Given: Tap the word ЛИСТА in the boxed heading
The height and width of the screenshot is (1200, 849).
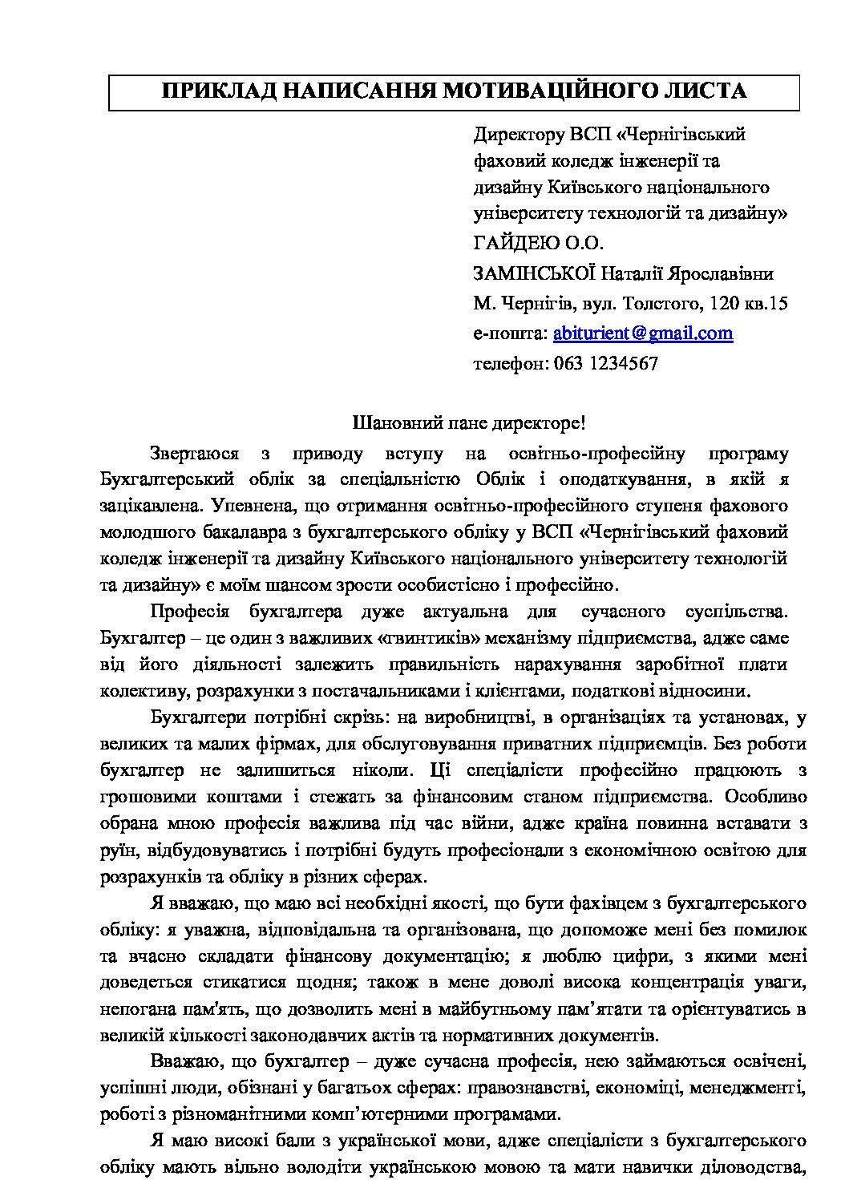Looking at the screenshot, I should point(705,91).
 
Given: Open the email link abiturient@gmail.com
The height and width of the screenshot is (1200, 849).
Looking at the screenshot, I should point(643,333).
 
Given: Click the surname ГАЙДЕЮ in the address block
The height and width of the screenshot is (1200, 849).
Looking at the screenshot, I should point(514,243).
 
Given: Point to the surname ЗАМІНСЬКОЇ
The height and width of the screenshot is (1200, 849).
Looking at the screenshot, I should point(534,273).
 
